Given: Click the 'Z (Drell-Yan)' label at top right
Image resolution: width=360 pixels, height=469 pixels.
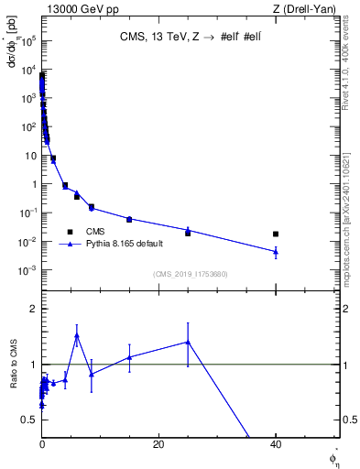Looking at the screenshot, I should (x=309, y=8).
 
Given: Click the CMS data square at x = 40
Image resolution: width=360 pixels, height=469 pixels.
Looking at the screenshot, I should (x=276, y=234).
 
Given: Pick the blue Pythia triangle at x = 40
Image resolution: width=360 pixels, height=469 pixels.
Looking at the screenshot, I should (x=276, y=251).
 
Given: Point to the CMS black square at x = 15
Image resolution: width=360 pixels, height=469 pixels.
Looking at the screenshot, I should (x=129, y=220).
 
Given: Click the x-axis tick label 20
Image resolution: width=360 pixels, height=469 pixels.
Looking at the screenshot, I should (x=158, y=444).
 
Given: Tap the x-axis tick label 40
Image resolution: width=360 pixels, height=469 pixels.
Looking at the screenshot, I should (x=276, y=444).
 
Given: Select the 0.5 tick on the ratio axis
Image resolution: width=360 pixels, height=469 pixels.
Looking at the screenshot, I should (x=30, y=420).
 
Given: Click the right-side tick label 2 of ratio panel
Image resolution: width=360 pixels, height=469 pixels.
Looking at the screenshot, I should (x=346, y=310).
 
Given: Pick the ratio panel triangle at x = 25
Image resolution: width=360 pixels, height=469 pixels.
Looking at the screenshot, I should (x=188, y=342).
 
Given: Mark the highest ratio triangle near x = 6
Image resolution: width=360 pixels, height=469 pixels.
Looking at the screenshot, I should (x=77, y=335).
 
